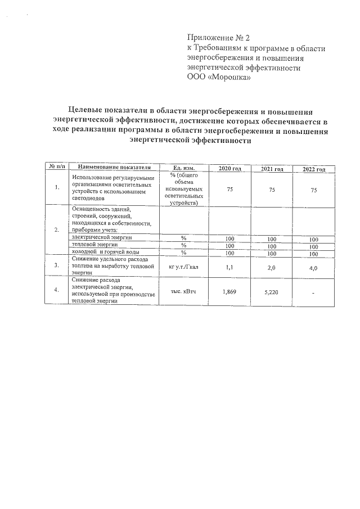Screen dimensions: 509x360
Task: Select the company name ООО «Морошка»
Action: tap(218, 78)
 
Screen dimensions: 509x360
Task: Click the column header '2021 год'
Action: tap(272, 169)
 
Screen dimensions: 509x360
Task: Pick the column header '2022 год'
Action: tap(314, 169)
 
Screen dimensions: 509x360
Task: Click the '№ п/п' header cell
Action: tap(57, 167)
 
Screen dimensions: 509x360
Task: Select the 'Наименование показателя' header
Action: tap(115, 167)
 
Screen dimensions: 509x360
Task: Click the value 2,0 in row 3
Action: tap(272, 268)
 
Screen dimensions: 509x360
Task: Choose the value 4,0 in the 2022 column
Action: tap(314, 268)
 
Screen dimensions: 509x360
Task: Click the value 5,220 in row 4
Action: tap(272, 292)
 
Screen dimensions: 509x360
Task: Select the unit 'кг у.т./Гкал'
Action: tap(184, 267)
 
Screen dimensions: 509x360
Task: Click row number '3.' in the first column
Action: tap(57, 264)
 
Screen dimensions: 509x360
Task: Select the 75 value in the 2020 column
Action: tap(229, 190)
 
